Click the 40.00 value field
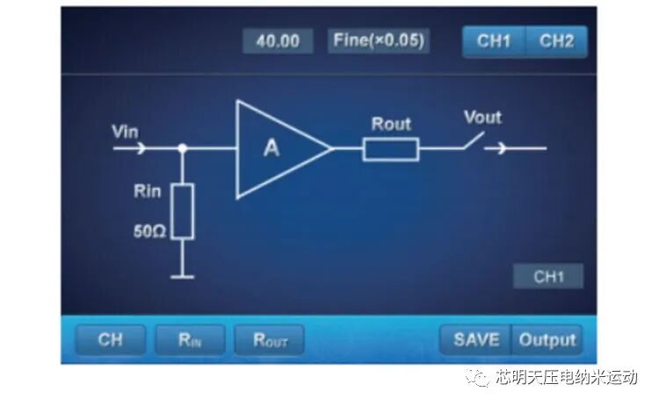click(277, 41)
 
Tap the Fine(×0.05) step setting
click(380, 40)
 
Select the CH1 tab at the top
click(494, 41)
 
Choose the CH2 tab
click(556, 41)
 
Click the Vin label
click(126, 132)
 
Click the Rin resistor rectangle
click(182, 212)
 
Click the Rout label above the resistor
click(391, 124)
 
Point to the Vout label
click(482, 117)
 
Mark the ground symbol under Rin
click(182, 276)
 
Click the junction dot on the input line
click(182, 149)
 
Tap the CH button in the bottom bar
click(111, 339)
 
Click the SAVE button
click(476, 339)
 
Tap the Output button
click(547, 339)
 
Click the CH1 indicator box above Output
click(548, 277)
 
